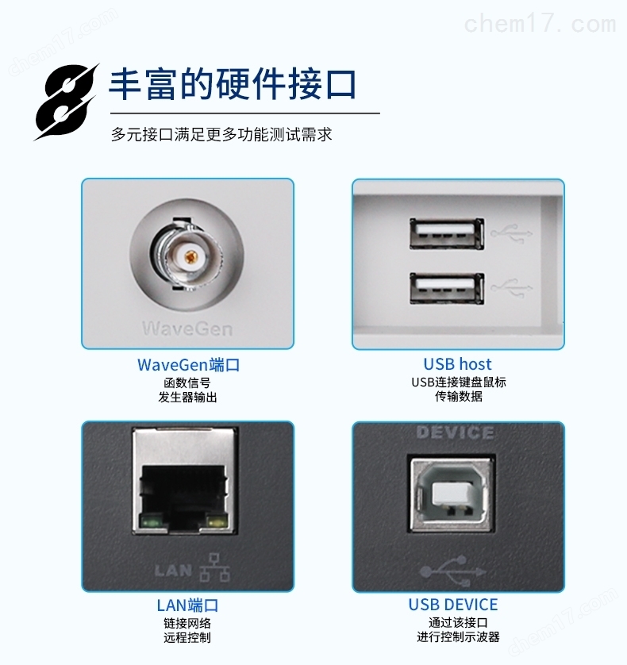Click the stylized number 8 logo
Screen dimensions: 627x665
66,102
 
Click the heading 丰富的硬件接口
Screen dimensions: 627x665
233,84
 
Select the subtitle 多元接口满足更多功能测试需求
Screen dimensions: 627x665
221,134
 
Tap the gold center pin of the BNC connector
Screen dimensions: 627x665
190,256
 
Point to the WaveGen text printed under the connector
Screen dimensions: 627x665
187,329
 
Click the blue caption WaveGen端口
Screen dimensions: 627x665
188,365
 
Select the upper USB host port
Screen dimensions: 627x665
447,233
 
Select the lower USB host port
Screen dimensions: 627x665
447,288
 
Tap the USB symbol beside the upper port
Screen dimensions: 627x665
511,233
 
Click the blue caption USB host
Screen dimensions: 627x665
457,364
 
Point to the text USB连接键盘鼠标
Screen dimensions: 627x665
459,382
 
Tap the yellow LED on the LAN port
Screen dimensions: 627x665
216,521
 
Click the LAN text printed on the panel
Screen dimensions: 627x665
173,571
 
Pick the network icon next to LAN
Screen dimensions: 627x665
214,567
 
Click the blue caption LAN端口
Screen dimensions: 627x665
187,605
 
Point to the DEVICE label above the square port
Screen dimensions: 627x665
455,432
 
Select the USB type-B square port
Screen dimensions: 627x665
452,494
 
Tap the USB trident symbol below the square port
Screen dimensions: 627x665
452,571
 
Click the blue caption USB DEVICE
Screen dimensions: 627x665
453,605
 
